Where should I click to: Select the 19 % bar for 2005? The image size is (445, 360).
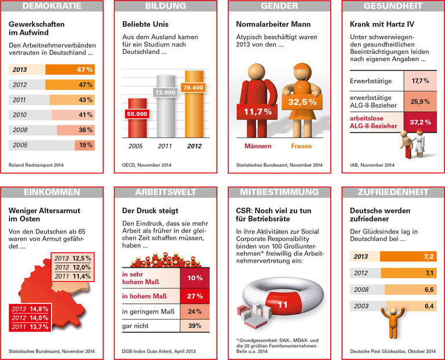click(85, 145)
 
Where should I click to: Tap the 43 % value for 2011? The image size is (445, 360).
click(85, 100)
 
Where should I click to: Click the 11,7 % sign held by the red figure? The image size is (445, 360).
click(258, 112)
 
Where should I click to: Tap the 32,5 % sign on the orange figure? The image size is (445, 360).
click(302, 101)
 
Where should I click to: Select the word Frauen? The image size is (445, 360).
click(301, 147)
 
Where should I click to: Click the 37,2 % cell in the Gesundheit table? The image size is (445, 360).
click(420, 122)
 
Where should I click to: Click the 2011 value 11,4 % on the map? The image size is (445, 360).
click(74, 277)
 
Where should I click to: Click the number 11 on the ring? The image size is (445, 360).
click(283, 304)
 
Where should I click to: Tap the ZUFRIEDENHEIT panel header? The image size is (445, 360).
click(392, 192)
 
